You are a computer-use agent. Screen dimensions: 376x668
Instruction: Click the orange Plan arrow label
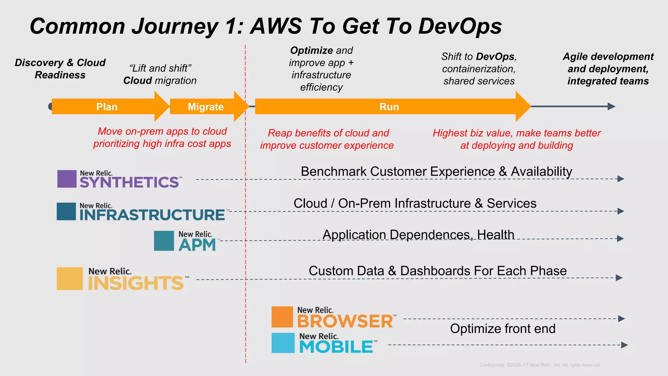pos(107,107)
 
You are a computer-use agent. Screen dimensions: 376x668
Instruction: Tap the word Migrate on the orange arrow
pos(205,107)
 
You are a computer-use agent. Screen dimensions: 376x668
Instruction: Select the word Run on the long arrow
pos(389,107)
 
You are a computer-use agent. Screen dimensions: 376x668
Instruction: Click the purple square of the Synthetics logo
pos(67,179)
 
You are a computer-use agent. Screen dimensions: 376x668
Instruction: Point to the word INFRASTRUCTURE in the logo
pos(152,215)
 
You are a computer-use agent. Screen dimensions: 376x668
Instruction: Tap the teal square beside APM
pos(164,241)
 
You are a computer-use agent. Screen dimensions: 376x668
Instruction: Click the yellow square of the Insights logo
pos(69,279)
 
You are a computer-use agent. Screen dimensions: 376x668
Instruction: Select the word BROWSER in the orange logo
pos(345,321)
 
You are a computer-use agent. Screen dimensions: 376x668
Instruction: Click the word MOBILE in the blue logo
pos(336,347)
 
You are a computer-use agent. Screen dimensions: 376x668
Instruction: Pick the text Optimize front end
pos(502,329)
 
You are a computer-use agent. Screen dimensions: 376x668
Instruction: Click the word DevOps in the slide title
pos(460,26)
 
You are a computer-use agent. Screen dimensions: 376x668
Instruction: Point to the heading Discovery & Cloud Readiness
pos(60,69)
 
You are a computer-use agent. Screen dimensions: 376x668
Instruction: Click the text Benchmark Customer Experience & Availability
pos(436,171)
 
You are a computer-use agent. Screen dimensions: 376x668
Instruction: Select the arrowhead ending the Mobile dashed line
pos(624,345)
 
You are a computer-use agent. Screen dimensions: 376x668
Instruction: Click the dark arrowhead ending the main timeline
pos(611,106)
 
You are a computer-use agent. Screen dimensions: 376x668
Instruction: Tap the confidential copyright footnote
pos(539,365)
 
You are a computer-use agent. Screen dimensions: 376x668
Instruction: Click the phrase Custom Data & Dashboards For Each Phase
pos(437,271)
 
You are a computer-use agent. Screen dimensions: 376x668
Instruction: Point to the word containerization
pos(478,69)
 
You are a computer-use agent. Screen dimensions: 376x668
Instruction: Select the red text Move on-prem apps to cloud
pos(162,131)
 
